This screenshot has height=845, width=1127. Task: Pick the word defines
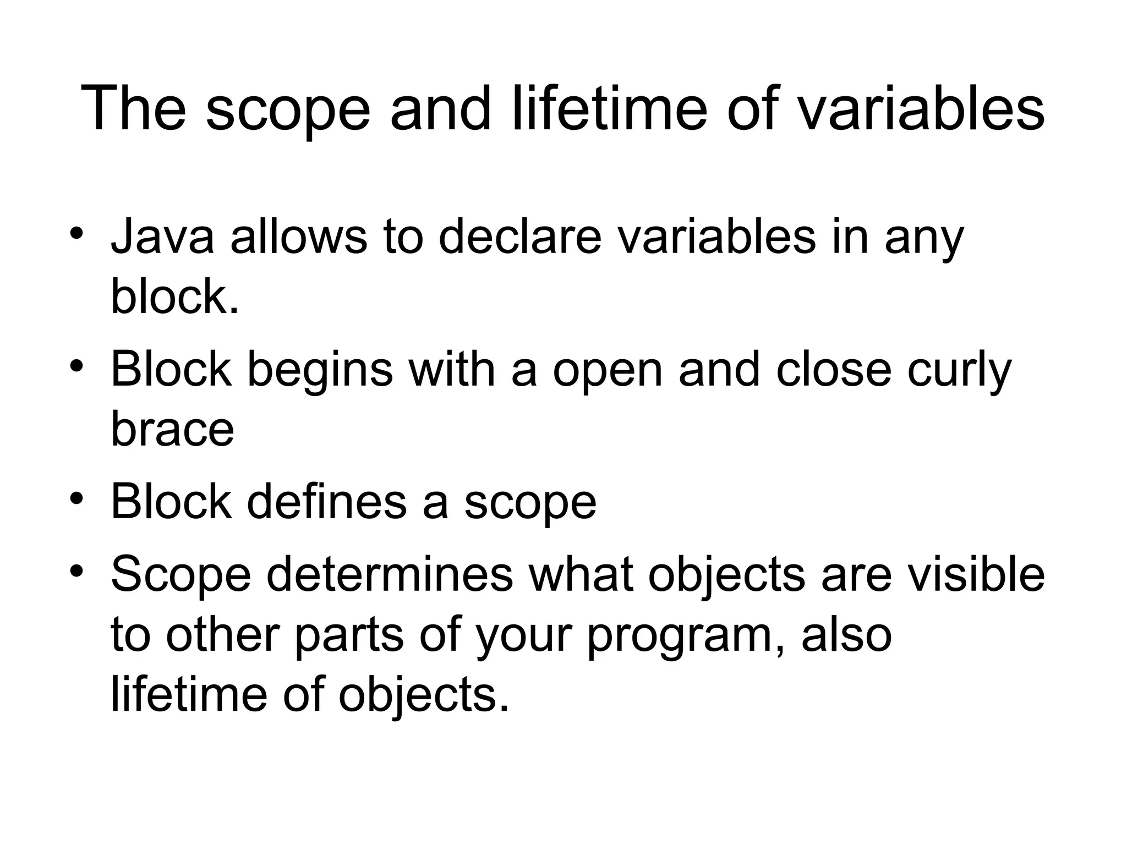(326, 502)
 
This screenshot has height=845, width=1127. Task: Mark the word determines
(390, 575)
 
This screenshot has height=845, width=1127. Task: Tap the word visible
(976, 575)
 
